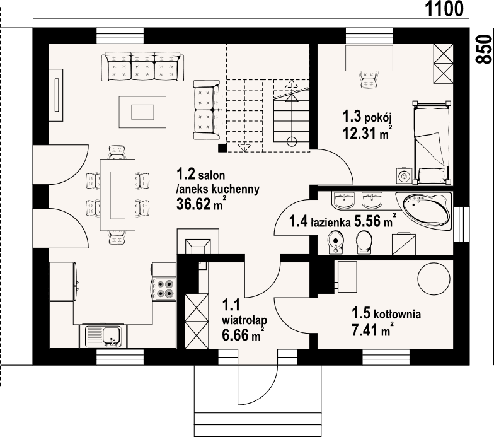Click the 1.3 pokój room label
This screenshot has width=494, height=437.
(367, 116)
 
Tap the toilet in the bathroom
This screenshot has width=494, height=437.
(364, 240)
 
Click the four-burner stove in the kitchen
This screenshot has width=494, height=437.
(164, 288)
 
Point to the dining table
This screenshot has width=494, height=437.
(117, 194)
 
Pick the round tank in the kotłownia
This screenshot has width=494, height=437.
(434, 277)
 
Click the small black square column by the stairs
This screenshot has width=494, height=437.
(222, 148)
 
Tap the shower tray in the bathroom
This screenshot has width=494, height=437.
(403, 242)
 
